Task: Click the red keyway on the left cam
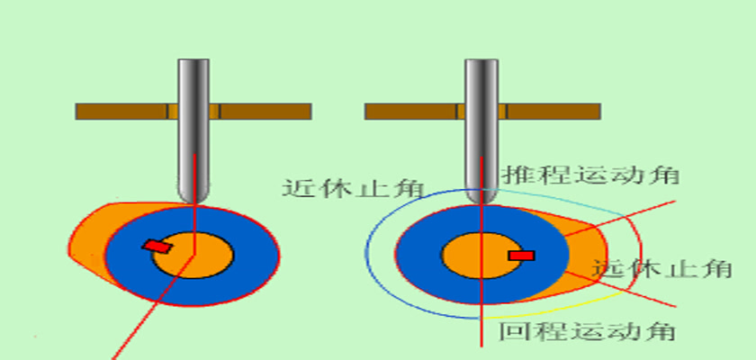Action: (157, 246)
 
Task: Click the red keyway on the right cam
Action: (521, 256)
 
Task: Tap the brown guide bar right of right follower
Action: (553, 112)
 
